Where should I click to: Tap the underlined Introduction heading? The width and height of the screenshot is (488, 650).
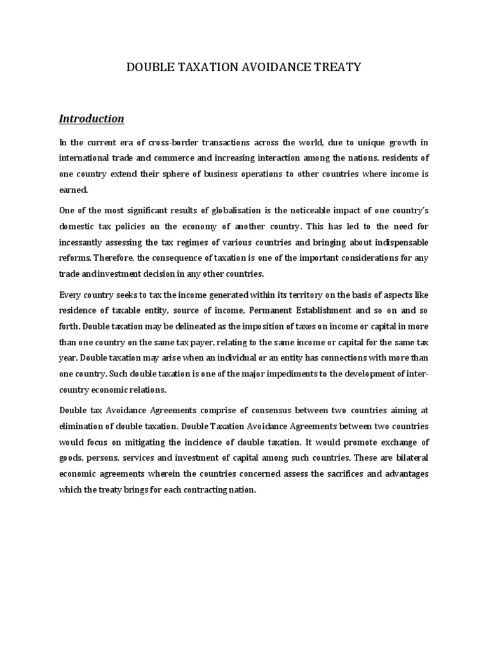coord(91,119)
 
